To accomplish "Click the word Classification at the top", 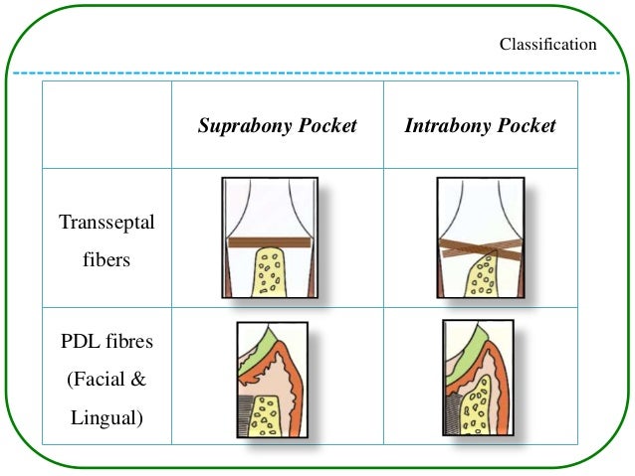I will [x=547, y=45].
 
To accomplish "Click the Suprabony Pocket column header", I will [x=277, y=126].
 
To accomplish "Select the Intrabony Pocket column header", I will [x=480, y=126].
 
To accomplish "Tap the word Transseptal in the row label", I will [x=106, y=223].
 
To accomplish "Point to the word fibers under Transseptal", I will [x=106, y=262].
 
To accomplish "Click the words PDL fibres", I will [x=106, y=341].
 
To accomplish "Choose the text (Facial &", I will [x=106, y=380].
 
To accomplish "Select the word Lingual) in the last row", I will [x=106, y=418].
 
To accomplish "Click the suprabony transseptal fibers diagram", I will [x=269, y=237].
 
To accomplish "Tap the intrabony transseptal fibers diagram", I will [x=480, y=237].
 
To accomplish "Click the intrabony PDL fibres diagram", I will [x=478, y=382].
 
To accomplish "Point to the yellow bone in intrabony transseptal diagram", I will [x=484, y=278].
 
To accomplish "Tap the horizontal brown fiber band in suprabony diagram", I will [x=269, y=242].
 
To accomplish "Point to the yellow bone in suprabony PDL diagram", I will [x=264, y=415].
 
